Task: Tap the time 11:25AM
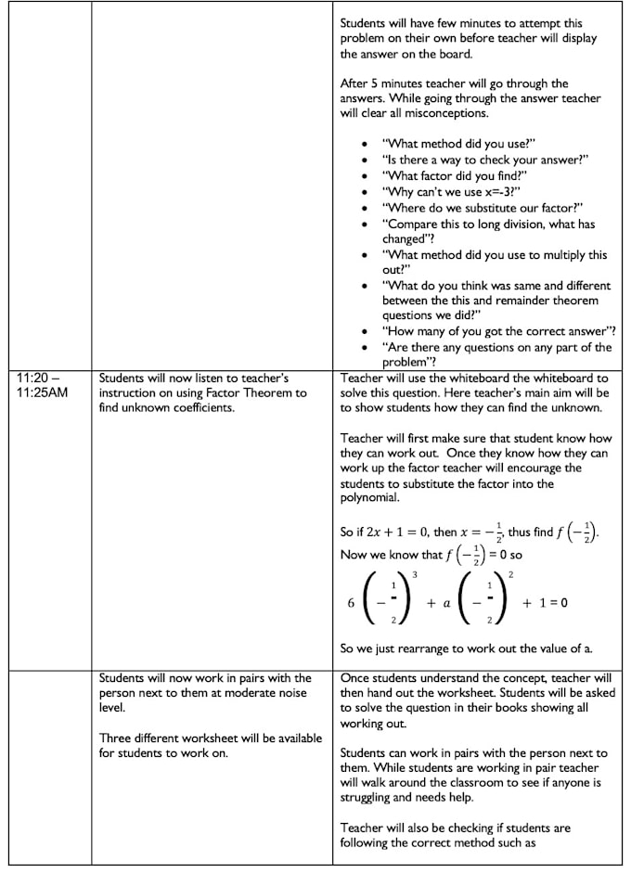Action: [43, 392]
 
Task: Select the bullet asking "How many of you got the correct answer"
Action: [499, 331]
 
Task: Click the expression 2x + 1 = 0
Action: [389, 533]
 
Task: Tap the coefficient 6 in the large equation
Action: [351, 602]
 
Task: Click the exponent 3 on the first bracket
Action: [414, 576]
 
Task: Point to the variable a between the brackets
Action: [445, 602]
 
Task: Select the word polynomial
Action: [371, 497]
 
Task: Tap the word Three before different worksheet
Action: [117, 738]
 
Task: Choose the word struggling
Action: [372, 797]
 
